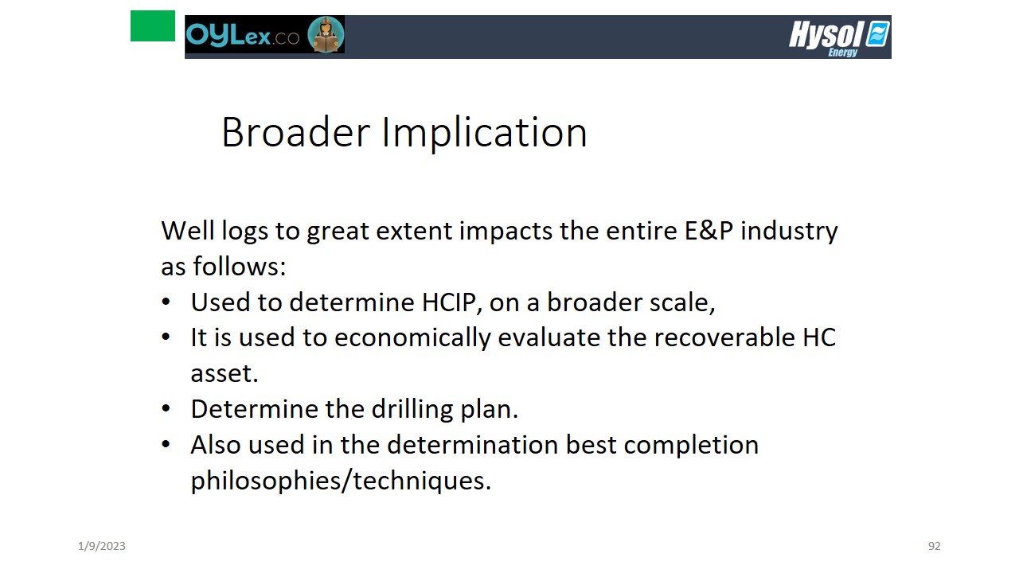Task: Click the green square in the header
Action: pyautogui.click(x=152, y=26)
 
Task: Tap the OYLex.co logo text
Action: pyautogui.click(x=243, y=34)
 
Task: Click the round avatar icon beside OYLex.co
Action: pyautogui.click(x=326, y=34)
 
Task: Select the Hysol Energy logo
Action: pyautogui.click(x=839, y=38)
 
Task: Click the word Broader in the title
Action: pyautogui.click(x=295, y=132)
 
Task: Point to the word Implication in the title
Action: pyautogui.click(x=485, y=133)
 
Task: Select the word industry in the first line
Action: pyautogui.click(x=789, y=232)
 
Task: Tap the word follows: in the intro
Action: pyautogui.click(x=240, y=266)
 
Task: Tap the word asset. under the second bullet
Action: pyautogui.click(x=224, y=374)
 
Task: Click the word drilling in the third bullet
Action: pyautogui.click(x=412, y=409)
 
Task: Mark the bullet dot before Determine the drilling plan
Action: pyautogui.click(x=166, y=408)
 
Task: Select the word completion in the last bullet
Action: pyautogui.click(x=691, y=445)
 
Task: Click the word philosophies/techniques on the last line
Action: pyautogui.click(x=341, y=480)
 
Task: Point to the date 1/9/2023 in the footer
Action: pyautogui.click(x=101, y=546)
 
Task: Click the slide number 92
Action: pyautogui.click(x=934, y=546)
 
